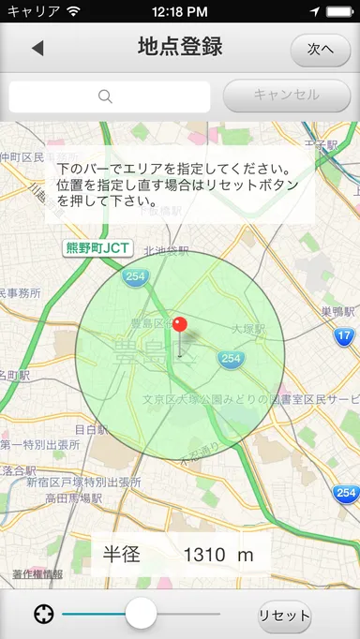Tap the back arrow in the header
click(x=37, y=48)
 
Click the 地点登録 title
click(x=179, y=48)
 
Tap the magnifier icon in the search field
click(x=105, y=96)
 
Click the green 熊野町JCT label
click(x=97, y=248)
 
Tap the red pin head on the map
click(x=180, y=325)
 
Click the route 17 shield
click(x=344, y=334)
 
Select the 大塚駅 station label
click(x=248, y=329)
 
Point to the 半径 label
click(x=122, y=555)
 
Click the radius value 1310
click(x=204, y=555)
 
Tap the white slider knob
click(x=141, y=614)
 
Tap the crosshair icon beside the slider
click(x=42, y=615)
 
